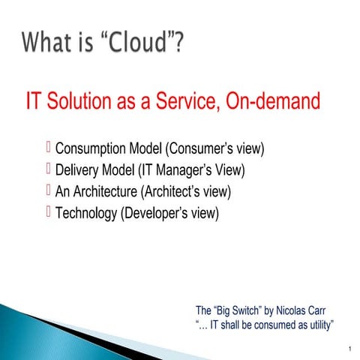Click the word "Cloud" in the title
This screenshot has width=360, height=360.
(140, 42)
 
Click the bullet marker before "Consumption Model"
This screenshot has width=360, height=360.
(49, 148)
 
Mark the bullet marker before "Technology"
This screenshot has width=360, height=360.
(49, 213)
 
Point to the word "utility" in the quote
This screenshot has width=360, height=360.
(317, 324)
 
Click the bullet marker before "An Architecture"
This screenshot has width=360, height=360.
(49, 191)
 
